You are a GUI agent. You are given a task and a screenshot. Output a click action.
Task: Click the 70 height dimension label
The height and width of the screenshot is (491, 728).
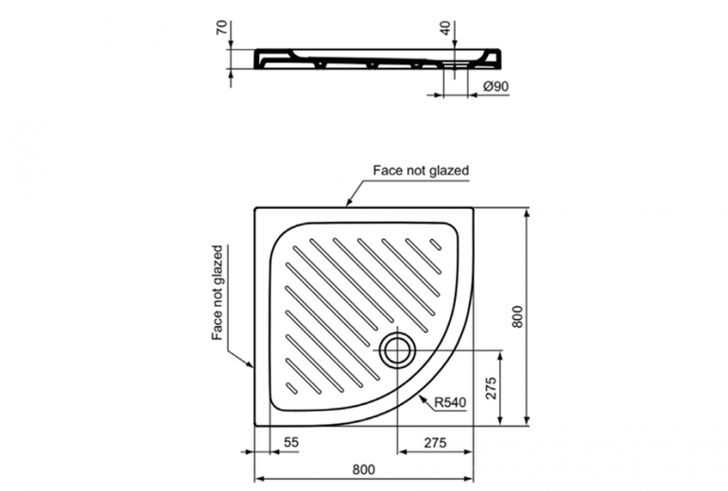click(222, 27)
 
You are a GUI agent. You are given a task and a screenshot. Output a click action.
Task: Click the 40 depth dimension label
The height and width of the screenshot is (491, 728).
click(445, 27)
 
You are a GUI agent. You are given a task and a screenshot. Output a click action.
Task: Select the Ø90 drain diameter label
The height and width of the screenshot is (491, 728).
click(495, 86)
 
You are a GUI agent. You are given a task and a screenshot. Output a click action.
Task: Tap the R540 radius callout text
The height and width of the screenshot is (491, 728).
click(450, 402)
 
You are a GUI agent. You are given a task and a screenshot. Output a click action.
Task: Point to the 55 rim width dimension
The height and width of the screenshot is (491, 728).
click(291, 442)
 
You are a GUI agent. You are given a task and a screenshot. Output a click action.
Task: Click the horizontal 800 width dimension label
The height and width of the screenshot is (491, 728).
click(363, 469)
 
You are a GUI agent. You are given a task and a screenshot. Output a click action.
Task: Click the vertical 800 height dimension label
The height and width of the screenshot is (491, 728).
click(517, 316)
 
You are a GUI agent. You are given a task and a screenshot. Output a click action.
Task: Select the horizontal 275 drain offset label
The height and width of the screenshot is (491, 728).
click(435, 442)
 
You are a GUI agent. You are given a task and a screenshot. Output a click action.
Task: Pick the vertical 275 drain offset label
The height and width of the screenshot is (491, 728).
click(491, 388)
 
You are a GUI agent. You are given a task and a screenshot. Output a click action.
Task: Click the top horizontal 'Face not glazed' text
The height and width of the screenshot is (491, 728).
click(421, 170)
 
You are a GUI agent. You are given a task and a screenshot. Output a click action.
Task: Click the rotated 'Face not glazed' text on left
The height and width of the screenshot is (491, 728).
click(217, 293)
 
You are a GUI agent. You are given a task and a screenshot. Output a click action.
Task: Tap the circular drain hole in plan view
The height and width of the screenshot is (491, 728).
click(397, 350)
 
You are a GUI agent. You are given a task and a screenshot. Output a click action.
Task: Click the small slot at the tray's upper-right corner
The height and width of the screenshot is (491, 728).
click(436, 245)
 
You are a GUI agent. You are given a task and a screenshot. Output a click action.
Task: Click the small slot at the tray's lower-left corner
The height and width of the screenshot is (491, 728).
click(291, 388)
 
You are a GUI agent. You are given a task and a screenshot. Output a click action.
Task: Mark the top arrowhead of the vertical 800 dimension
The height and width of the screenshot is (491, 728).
click(527, 213)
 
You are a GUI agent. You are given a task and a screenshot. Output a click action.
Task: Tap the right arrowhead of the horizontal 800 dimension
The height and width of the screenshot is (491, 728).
click(468, 478)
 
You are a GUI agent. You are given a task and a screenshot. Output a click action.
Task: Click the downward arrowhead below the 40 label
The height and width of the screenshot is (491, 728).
click(454, 43)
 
